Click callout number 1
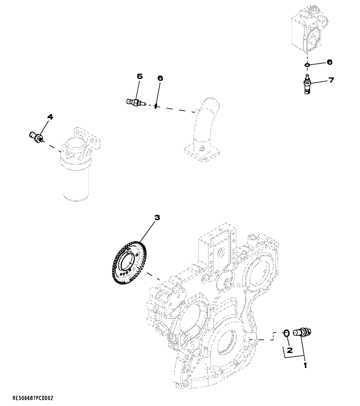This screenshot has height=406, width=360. point(305,366)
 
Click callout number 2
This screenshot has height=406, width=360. point(289,350)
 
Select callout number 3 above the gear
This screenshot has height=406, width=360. point(157,218)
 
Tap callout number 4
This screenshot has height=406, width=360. point(50,117)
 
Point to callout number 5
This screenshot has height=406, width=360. point(140,76)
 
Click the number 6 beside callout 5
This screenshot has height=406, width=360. point(160,78)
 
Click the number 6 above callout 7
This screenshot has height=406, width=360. point(329,62)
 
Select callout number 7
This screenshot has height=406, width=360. point(331,80)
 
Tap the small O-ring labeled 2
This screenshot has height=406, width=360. point(286,333)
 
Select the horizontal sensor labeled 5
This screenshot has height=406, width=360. point(136,102)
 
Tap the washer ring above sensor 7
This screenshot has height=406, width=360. point(307,65)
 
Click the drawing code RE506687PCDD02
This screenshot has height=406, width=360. point(33,398)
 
